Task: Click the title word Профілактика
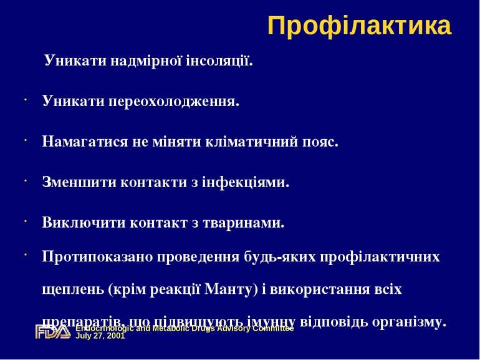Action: coord(359,26)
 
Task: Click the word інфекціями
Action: coord(248,182)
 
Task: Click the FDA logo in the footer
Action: coord(52,332)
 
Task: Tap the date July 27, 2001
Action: coord(100,336)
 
